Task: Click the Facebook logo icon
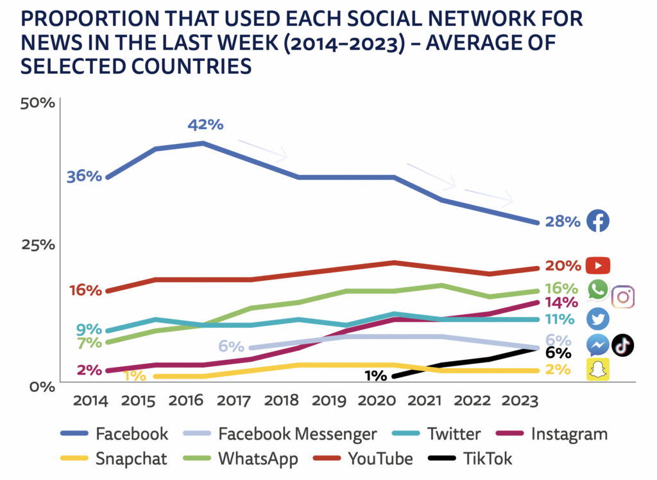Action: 598,221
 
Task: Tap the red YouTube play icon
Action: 598,265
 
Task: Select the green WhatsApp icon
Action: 598,289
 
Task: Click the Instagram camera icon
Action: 623,297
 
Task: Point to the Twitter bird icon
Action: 598,319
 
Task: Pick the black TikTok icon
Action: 622,345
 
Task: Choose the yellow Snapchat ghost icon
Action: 598,369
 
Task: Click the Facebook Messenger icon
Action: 598,345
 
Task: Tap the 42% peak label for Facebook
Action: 205,125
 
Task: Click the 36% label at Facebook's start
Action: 84,176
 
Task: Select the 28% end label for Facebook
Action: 563,222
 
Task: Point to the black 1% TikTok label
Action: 375,376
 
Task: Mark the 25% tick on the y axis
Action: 38,245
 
